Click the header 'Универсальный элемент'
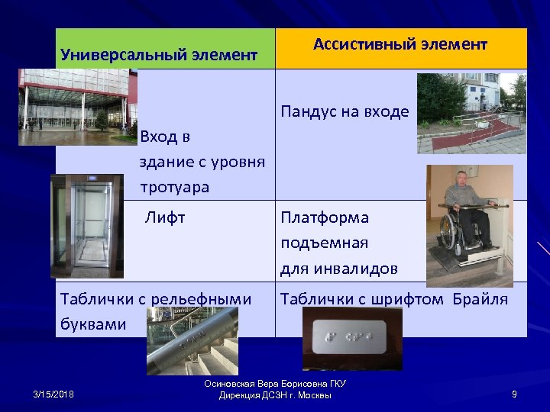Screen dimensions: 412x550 159,55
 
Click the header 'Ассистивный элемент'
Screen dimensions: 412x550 400,45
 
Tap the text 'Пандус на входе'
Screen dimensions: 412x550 345,112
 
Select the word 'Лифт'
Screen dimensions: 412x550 166,218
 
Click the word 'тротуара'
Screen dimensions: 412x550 174,187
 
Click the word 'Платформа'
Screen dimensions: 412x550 325,218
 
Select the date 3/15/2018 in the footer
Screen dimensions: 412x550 53,394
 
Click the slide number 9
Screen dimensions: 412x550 514,394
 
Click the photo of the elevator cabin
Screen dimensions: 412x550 86,226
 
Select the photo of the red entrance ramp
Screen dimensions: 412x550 471,114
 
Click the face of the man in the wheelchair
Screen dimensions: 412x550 463,181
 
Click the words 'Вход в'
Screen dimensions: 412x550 165,137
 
